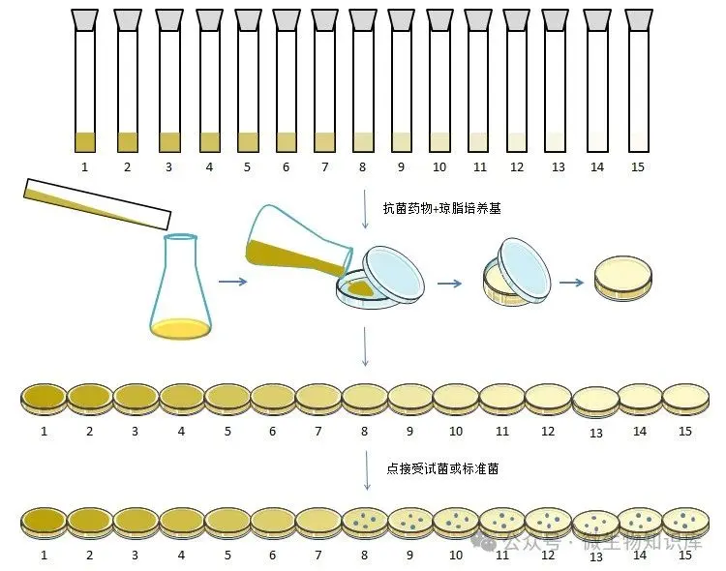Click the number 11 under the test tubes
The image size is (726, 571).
[479, 167]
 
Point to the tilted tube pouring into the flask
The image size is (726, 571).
[97, 204]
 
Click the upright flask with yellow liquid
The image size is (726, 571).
[180, 290]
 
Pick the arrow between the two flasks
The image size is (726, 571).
[231, 282]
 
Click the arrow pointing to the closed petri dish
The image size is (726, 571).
[571, 283]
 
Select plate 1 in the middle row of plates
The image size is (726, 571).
[44, 398]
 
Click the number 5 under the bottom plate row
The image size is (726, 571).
[227, 556]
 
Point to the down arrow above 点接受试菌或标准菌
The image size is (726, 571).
[365, 469]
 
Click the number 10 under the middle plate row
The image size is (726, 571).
[455, 431]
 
